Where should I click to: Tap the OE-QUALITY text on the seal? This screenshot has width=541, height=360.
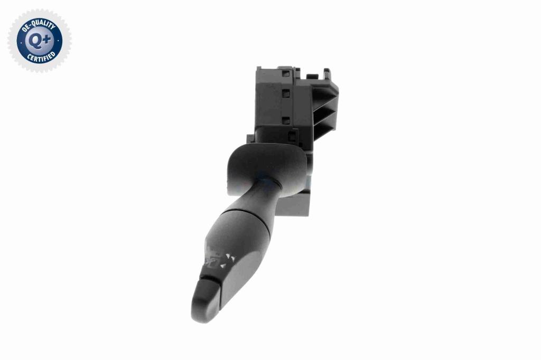click(x=38, y=25)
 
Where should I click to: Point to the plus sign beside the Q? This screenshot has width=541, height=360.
click(x=47, y=40)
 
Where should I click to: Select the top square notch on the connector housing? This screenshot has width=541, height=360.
click(x=286, y=73)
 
